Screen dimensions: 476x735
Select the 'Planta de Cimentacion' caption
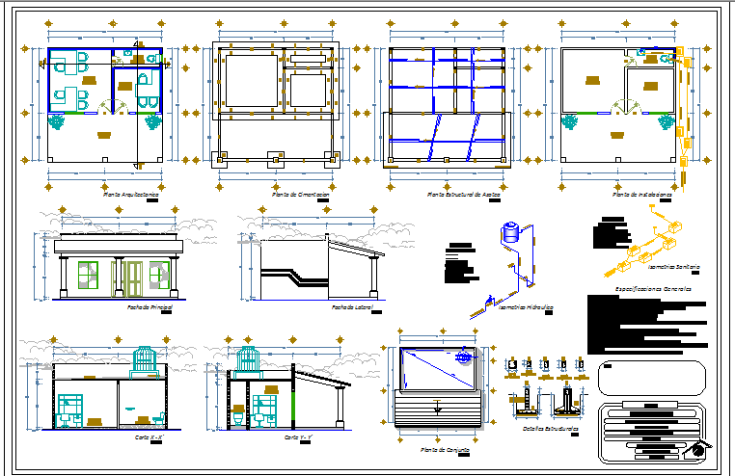[301, 195]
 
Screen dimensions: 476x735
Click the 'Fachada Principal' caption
[150, 306]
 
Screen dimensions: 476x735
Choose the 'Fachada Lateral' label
[352, 307]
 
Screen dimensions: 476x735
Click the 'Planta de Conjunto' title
[445, 449]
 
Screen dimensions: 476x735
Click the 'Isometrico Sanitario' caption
[674, 267]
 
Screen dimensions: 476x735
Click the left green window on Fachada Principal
[88, 274]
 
